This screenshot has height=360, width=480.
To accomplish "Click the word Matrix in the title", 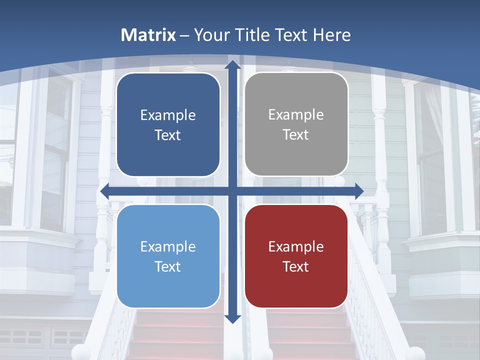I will [x=148, y=35].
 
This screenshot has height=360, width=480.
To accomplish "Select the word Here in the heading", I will [x=331, y=35].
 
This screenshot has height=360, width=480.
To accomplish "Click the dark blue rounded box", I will [x=168, y=124].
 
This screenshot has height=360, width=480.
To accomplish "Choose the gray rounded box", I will [x=296, y=124].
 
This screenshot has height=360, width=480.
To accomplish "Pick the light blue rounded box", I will [x=168, y=256].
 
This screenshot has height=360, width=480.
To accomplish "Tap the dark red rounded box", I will [x=296, y=256].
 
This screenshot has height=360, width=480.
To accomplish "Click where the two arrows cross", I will [x=232, y=191].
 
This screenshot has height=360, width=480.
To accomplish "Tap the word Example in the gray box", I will [x=296, y=114].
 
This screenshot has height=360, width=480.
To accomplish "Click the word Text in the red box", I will [x=296, y=266].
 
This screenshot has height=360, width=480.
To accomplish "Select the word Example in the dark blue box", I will [x=168, y=115].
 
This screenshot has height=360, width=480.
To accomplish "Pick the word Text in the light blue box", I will [x=168, y=266].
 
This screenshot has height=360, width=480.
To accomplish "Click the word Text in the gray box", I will [x=296, y=135].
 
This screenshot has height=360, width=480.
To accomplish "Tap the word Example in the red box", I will [x=296, y=246].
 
